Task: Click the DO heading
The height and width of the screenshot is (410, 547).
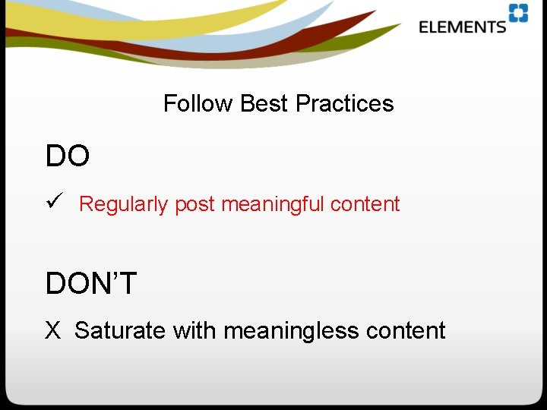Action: [68, 156]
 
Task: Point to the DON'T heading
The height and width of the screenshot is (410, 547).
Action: [91, 283]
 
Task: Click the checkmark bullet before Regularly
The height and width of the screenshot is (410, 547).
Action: [52, 203]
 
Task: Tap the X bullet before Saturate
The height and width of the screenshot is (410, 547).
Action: [52, 330]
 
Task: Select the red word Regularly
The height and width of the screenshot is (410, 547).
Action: [123, 204]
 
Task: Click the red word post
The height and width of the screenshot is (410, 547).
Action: [195, 204]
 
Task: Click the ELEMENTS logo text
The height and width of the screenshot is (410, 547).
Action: [462, 27]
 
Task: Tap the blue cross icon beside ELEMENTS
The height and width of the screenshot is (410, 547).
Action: [518, 14]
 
